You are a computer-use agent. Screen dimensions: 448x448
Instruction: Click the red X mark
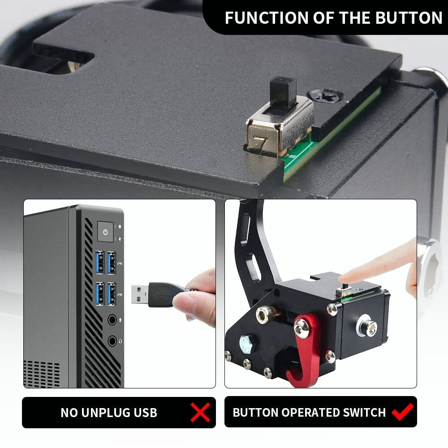(200, 412)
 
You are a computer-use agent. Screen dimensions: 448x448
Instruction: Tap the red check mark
(402, 412)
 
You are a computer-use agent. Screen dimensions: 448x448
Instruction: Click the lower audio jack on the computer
(112, 341)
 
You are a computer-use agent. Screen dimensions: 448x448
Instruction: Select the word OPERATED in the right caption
(305, 413)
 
